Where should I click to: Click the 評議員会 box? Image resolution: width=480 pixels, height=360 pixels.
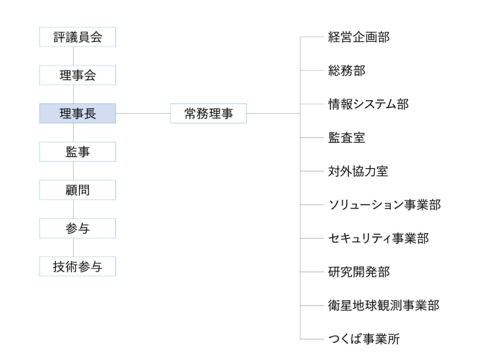tap(77, 37)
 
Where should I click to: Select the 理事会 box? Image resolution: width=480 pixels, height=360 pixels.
tap(77, 75)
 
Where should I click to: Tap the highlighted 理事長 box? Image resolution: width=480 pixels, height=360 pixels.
tap(77, 113)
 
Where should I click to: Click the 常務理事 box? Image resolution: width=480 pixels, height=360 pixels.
tap(209, 113)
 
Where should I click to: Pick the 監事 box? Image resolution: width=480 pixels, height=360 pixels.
tap(77, 151)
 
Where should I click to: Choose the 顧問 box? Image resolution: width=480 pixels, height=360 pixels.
tap(77, 190)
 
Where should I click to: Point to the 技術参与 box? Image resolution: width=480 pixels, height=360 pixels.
tap(77, 266)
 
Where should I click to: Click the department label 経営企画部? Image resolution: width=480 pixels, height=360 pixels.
tap(359, 37)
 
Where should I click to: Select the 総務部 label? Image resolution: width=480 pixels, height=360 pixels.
tap(347, 70)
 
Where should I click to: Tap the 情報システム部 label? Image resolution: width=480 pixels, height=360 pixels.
tap(368, 104)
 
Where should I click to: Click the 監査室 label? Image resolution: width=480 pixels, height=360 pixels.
tap(347, 138)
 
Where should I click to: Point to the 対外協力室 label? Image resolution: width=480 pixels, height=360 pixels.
tap(358, 171)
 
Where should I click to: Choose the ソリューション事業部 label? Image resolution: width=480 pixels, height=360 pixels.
tap(385, 204)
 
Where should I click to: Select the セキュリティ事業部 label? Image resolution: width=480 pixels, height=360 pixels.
tap(378, 238)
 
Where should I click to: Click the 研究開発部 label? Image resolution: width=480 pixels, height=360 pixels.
tap(359, 272)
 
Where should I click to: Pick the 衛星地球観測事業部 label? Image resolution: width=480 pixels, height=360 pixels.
tap(384, 305)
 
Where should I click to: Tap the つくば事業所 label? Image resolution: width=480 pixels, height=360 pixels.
tap(364, 339)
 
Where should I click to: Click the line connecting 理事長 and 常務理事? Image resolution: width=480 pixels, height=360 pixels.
tap(143, 113)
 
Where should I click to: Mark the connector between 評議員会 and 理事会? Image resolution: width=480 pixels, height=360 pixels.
tap(73, 56)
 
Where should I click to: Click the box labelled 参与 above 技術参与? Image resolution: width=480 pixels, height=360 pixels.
tap(77, 228)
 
